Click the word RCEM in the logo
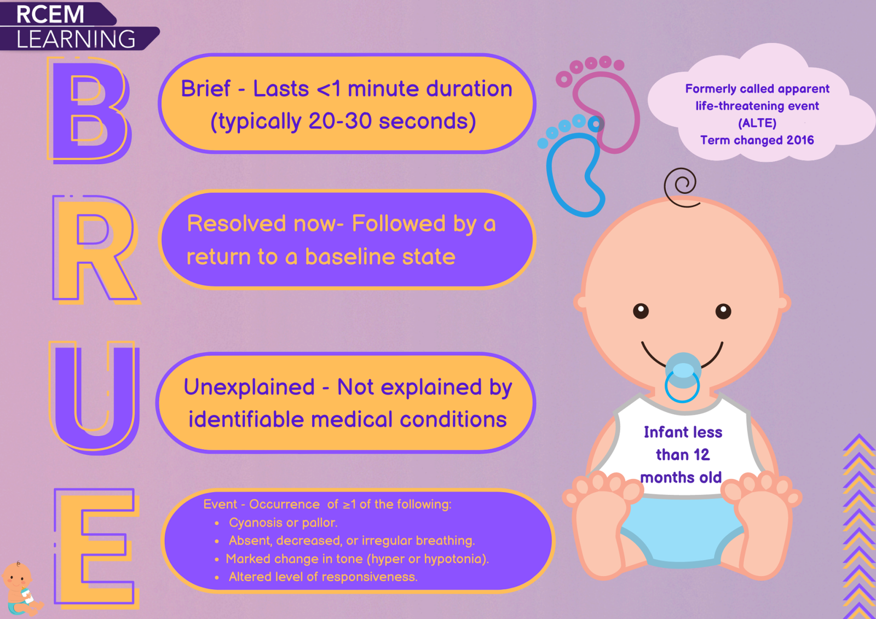(x=50, y=14)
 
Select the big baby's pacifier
(x=682, y=378)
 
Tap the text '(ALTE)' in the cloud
(x=757, y=123)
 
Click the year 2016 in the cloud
(x=800, y=140)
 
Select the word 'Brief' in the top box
(x=205, y=88)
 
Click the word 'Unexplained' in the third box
(x=249, y=387)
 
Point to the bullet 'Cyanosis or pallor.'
(x=283, y=523)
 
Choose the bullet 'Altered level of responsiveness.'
(x=323, y=577)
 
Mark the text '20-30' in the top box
(x=340, y=121)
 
